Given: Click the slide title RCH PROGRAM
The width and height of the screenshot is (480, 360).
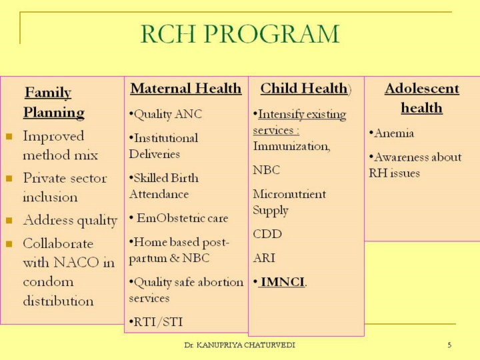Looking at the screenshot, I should click(x=240, y=34).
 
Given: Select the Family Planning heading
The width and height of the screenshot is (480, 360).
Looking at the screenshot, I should click(x=53, y=102).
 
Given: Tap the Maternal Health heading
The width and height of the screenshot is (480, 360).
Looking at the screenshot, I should click(x=185, y=89).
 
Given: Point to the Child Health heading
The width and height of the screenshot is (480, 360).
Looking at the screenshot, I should click(x=304, y=89).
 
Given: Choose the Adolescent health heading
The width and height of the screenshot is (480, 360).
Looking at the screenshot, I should click(x=421, y=98).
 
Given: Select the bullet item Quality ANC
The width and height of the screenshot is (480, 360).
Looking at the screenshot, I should click(x=167, y=115).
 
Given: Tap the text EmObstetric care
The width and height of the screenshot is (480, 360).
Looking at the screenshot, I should click(x=182, y=218).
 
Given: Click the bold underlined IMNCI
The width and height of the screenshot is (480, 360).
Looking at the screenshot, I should click(x=283, y=282).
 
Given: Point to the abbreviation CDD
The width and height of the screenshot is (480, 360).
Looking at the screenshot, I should click(x=267, y=234).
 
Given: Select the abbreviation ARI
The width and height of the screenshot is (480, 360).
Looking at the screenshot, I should click(x=264, y=257).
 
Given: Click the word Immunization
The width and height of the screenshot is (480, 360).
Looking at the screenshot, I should click(x=291, y=146).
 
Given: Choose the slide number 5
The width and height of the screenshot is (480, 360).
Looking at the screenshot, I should click(x=449, y=345).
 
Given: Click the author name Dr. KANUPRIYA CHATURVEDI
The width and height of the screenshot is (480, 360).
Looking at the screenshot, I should click(x=239, y=345).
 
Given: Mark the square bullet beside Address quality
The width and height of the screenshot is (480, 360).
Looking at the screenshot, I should click(x=9, y=219).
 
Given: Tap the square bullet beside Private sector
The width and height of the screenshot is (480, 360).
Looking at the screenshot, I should click(x=9, y=178).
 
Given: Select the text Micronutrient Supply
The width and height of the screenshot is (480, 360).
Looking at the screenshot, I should click(x=289, y=202).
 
